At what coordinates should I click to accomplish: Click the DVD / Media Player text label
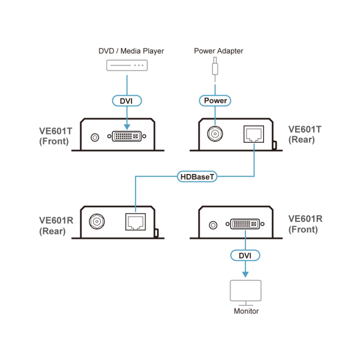point(131,51)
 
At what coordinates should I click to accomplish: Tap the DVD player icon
point(126,65)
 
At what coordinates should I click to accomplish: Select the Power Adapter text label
point(218,51)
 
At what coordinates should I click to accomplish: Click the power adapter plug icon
point(215,67)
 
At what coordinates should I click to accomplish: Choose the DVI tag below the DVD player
point(126,101)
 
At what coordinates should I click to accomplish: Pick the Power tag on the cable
point(215,101)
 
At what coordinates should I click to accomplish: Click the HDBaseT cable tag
point(197,177)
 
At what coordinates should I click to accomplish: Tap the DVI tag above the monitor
point(245,256)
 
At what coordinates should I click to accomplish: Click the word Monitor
point(246,311)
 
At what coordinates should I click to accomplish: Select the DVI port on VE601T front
point(127,137)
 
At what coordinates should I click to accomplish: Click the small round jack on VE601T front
point(94,137)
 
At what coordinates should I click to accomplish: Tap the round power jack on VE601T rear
point(214,134)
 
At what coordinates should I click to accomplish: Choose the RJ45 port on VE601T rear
point(254,134)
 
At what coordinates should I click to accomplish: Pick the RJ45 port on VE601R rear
point(134,222)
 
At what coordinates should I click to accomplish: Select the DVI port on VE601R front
point(246,225)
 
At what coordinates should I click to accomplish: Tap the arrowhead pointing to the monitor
point(245,274)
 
